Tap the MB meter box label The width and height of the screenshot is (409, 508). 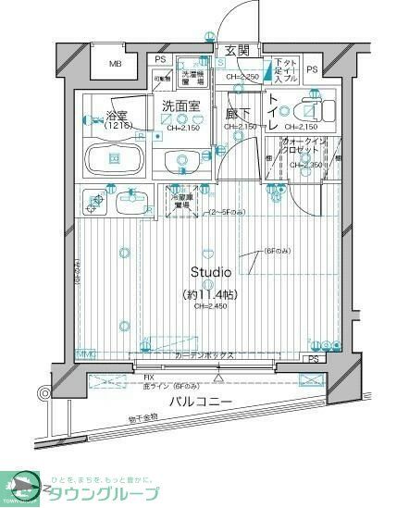(116, 64)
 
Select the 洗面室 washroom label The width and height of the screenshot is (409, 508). (181, 106)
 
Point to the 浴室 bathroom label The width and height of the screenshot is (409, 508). (117, 118)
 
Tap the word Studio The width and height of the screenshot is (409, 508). (211, 272)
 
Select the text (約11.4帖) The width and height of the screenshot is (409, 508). (211, 295)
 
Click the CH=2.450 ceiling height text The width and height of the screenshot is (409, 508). (211, 308)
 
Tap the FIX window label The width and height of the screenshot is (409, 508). (148, 377)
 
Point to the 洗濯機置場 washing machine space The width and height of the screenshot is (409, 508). (192, 78)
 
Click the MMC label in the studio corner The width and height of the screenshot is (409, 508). (85, 354)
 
